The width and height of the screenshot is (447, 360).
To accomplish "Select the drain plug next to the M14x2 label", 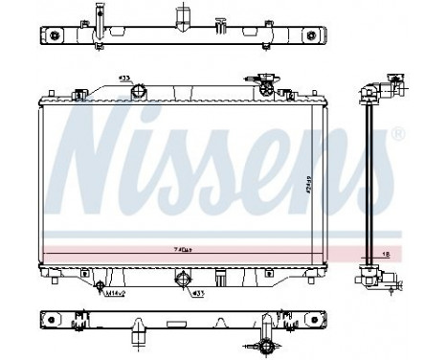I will click(x=100, y=286).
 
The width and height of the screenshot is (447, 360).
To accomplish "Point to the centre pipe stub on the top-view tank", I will click(x=179, y=18).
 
